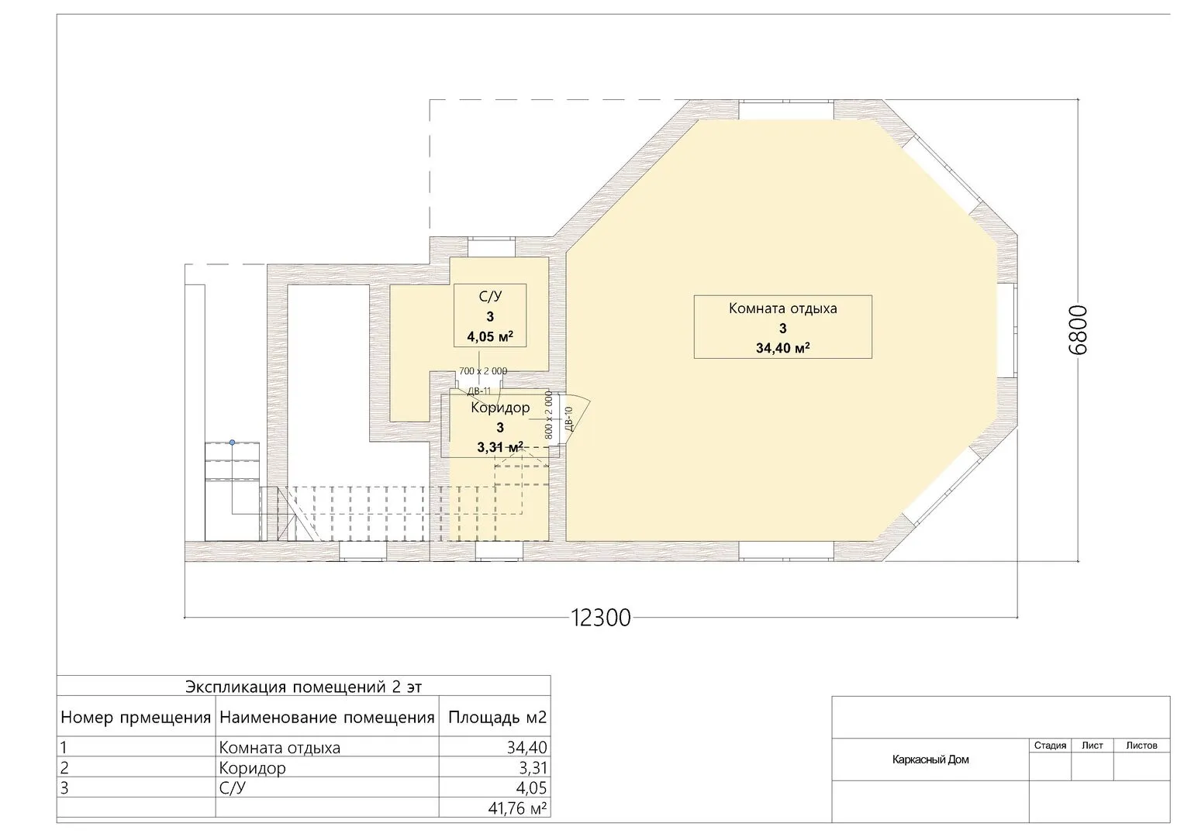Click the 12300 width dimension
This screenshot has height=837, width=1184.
[x=601, y=617]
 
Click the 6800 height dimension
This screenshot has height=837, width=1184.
[x=1078, y=330]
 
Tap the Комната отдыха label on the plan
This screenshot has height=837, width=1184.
[x=783, y=308]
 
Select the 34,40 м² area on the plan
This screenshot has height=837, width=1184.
[x=783, y=348]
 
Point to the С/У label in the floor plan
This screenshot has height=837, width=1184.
[x=490, y=296]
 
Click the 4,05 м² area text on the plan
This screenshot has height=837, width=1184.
[x=490, y=336]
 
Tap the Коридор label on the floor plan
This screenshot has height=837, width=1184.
[x=500, y=408]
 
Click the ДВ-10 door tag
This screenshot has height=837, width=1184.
[x=569, y=418]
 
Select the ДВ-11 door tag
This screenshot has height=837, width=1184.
[x=479, y=391]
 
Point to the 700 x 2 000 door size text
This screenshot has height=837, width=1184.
[x=482, y=371]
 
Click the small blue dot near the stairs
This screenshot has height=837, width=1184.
[x=232, y=443]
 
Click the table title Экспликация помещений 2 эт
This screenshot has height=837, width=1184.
[x=303, y=687]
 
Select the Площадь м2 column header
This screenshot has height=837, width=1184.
[x=497, y=717]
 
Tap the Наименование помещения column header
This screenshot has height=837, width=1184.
[x=326, y=717]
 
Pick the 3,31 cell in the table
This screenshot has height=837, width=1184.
[x=532, y=767]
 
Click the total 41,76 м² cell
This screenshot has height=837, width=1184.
[x=517, y=808]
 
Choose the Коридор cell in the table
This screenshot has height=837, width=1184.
[x=252, y=768]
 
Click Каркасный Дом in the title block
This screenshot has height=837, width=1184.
[x=930, y=759]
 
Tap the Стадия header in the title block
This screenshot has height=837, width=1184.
[x=1051, y=745]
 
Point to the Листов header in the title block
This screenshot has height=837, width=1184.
[x=1141, y=745]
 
